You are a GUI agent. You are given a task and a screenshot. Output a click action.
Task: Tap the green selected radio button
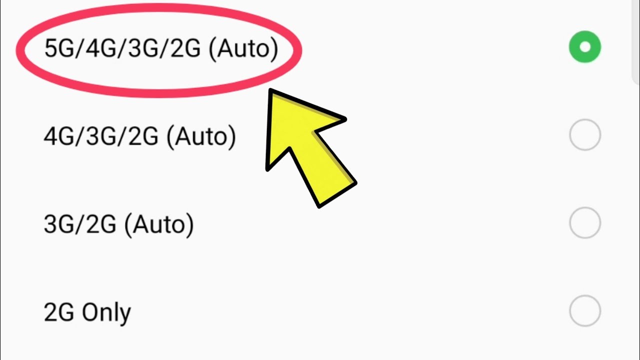pyautogui.click(x=584, y=47)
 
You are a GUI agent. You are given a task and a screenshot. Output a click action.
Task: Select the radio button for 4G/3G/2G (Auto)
pyautogui.click(x=584, y=135)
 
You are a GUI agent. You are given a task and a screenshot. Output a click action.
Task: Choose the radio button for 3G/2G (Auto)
pyautogui.click(x=584, y=223)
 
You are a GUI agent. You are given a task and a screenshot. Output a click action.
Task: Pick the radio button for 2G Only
pyautogui.click(x=584, y=311)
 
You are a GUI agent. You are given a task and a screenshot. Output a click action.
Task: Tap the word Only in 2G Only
pyautogui.click(x=106, y=312)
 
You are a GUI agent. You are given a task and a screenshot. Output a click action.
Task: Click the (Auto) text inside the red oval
pyautogui.click(x=243, y=49)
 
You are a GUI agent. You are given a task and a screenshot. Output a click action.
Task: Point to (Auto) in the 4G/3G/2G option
pyautogui.click(x=201, y=136)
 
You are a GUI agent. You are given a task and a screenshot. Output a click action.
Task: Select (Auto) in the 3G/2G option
pyautogui.click(x=159, y=224)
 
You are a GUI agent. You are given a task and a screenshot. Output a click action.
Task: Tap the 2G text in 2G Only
pyautogui.click(x=59, y=312)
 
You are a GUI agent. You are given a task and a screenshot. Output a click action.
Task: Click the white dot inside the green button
pyautogui.click(x=584, y=47)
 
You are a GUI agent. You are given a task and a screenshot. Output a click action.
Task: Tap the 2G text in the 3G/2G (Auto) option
pyautogui.click(x=101, y=224)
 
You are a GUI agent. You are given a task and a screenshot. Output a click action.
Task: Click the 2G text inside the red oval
pyautogui.click(x=185, y=48)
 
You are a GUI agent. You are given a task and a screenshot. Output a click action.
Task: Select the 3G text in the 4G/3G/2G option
pyautogui.click(x=100, y=136)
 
